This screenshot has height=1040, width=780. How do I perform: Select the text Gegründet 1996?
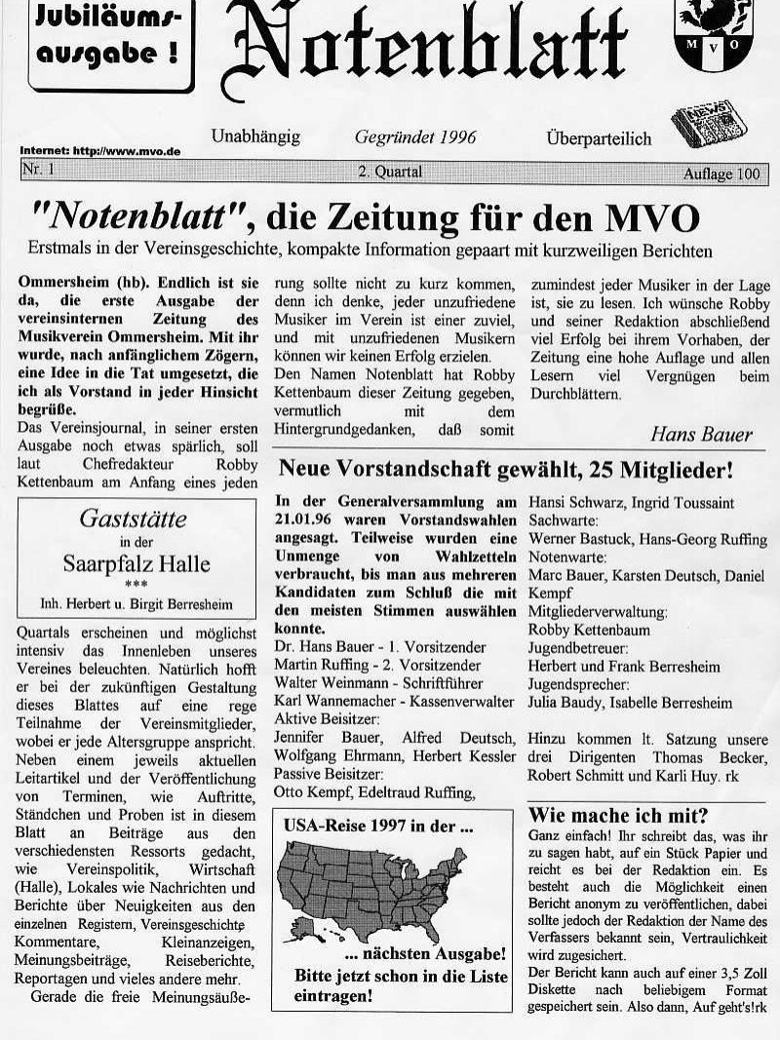pyautogui.click(x=415, y=137)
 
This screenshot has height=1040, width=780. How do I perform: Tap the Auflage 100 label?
pyautogui.click(x=721, y=173)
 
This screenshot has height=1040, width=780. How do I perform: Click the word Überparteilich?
pyautogui.click(x=599, y=138)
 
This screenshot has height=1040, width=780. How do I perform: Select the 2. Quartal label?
pyautogui.click(x=390, y=173)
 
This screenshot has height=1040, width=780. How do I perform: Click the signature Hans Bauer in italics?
pyautogui.click(x=700, y=435)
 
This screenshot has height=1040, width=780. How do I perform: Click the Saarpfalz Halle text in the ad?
pyautogui.click(x=136, y=563)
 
